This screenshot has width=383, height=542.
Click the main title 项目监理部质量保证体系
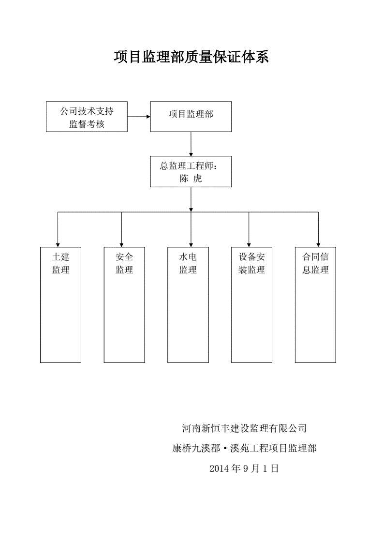[x=191, y=57]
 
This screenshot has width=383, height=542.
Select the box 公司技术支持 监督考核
[x=87, y=117]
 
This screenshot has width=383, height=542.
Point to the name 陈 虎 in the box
[x=191, y=179]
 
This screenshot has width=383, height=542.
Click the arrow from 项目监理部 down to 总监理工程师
[x=191, y=144]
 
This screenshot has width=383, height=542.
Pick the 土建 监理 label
[x=60, y=263]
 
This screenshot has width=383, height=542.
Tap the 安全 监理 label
[x=124, y=263]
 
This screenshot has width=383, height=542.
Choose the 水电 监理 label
[x=188, y=263]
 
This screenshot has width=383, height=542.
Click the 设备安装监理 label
[x=251, y=263]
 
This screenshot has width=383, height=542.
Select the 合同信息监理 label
[x=315, y=263]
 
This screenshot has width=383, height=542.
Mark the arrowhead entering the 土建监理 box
[x=58, y=244]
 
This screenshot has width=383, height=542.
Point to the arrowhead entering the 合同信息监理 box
[x=318, y=244]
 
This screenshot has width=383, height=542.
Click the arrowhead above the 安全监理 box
[x=121, y=244]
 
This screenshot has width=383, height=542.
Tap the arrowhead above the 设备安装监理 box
[x=249, y=244]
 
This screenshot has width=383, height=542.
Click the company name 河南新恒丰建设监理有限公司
[x=244, y=428]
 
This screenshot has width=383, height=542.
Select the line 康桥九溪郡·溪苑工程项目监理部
[x=244, y=449]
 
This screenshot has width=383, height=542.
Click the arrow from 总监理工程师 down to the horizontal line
[x=191, y=199]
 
